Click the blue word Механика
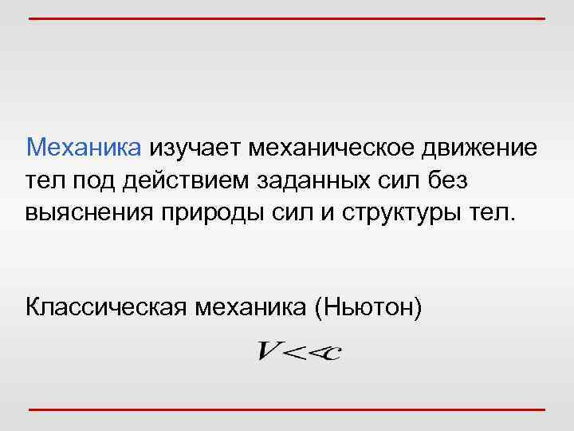[84, 147]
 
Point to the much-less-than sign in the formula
[304, 352]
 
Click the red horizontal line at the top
[287, 18]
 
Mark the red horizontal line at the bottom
[287, 409]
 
